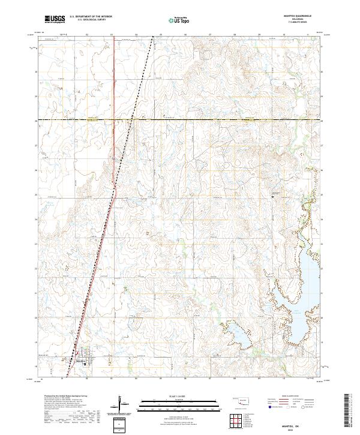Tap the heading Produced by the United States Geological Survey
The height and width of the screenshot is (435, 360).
(x=64, y=397)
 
